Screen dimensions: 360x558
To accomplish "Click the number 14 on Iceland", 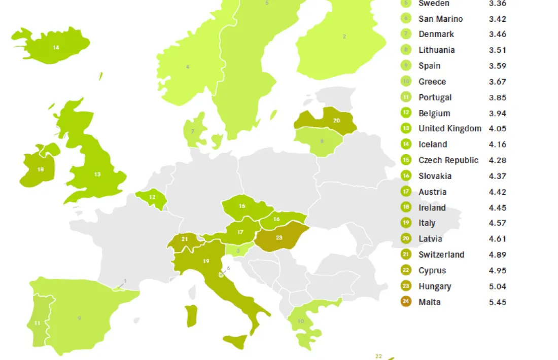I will tap(56, 47).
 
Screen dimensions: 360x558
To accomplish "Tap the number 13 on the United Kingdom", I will tap(97, 174).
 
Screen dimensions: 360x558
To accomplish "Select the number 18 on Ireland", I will tap(40, 169).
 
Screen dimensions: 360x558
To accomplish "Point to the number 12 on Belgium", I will tap(152, 197).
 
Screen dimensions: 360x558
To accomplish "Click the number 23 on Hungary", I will tap(279, 238).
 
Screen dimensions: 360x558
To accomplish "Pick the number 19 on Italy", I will tap(206, 261).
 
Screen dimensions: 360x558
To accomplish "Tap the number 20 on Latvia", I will tap(336, 121).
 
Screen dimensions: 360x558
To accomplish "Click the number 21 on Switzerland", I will tap(185, 239).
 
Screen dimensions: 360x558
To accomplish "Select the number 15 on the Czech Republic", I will tap(242, 206).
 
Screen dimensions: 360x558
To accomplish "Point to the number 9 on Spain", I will tap(79, 318).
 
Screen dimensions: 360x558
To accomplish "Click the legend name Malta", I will tap(429, 302).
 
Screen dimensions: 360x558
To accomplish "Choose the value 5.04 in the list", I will tap(497, 286).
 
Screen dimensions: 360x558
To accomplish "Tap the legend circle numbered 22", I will tap(406, 271).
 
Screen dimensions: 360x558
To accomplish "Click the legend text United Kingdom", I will tap(449, 128).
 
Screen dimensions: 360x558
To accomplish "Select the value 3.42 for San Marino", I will tap(497, 19).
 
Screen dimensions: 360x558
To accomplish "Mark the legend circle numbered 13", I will tap(406, 128).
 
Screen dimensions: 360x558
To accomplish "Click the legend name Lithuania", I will tap(436, 50).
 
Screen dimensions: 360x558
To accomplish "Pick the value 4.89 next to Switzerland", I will tap(497, 255).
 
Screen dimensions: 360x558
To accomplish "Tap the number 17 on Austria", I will tap(240, 232).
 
